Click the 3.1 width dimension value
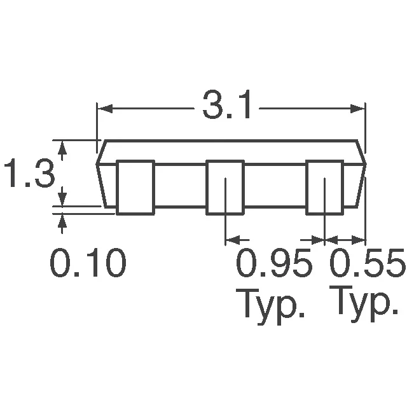click(x=227, y=107)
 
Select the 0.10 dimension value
click(x=88, y=264)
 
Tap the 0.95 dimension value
click(x=275, y=264)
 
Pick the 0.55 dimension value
click(x=367, y=264)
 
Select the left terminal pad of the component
click(x=135, y=186)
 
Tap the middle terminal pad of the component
click(x=224, y=186)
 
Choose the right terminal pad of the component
click(x=324, y=186)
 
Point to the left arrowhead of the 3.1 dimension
click(x=102, y=108)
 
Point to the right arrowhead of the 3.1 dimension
click(x=361, y=108)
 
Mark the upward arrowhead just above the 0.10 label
click(x=62, y=220)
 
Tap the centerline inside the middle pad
click(x=226, y=197)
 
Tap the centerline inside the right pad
click(x=325, y=197)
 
